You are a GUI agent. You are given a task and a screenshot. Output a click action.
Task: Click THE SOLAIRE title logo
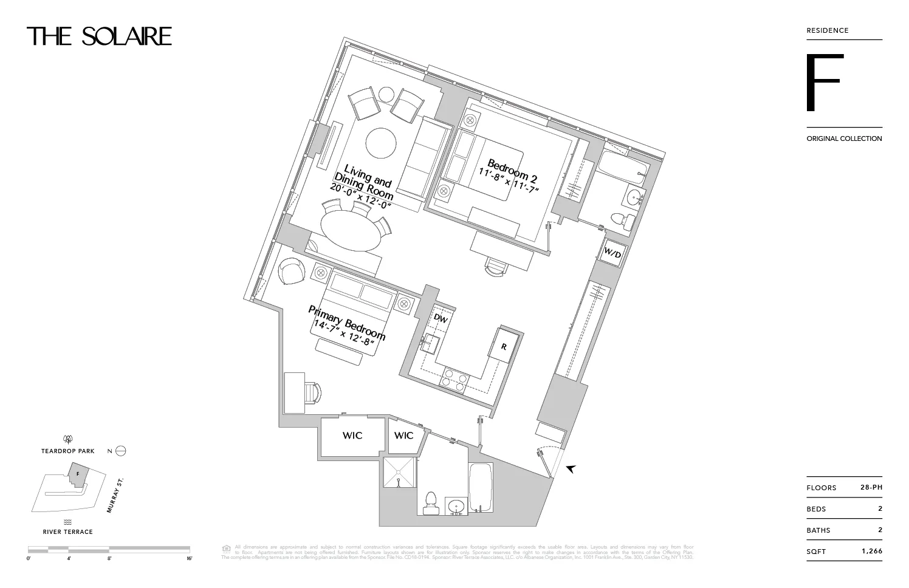point(99,36)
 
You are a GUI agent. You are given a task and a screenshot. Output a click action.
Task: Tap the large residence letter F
point(824,83)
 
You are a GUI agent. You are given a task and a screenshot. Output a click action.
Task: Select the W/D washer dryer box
point(613,253)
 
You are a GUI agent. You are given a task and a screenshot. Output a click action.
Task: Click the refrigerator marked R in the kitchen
point(504,346)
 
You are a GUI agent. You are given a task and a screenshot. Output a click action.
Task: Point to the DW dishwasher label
point(441,319)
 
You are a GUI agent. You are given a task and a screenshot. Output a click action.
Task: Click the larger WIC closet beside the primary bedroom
point(352,435)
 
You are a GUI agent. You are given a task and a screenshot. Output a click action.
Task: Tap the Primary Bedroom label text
point(346,328)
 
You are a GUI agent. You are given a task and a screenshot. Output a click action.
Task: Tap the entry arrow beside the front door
point(571,469)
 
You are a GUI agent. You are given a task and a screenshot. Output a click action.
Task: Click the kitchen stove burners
point(455,378)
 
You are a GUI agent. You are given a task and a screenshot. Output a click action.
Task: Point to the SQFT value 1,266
point(871,552)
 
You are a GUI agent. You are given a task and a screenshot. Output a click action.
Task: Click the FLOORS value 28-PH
point(871,487)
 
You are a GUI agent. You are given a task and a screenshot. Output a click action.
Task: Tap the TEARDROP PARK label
point(68,451)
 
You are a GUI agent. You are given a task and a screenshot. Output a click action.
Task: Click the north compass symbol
point(120,451)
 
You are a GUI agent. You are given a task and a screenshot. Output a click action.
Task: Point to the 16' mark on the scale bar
point(190,558)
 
